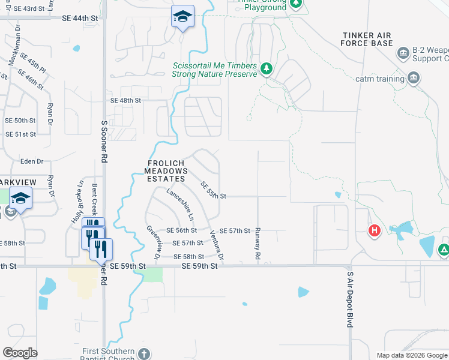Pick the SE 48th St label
point(125,101)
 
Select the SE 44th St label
point(80,19)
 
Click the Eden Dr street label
point(32,161)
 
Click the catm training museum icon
point(413,78)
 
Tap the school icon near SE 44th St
point(182,16)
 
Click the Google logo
point(20,353)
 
